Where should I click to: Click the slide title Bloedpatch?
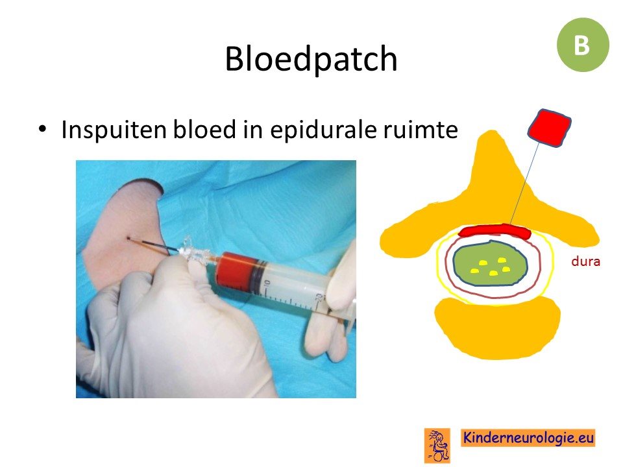coord(311,59)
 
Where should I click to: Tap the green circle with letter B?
coord(583,45)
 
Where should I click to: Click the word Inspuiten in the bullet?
coord(114,130)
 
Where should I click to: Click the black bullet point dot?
coord(42,129)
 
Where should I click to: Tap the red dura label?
coord(585,261)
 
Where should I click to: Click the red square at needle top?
coord(550,128)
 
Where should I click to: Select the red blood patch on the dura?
coord(495,231)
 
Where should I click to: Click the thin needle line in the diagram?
coord(525,184)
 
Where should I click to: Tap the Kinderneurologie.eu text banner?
coord(528,438)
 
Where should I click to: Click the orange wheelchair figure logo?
coord(437,445)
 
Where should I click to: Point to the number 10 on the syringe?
coord(267,284)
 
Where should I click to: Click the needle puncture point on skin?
coord(128,238)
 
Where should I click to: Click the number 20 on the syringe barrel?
coord(319,298)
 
